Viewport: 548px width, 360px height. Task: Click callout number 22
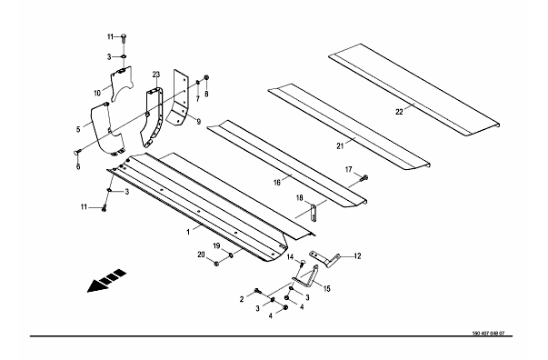pyautogui.click(x=399, y=112)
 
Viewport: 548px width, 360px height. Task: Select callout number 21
pyautogui.click(x=340, y=146)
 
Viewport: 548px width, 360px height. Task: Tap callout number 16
pyautogui.click(x=277, y=183)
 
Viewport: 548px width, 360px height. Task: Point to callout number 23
pyautogui.click(x=156, y=75)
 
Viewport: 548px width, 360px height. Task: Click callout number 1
pyautogui.click(x=188, y=232)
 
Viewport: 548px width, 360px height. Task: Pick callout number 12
pyautogui.click(x=357, y=256)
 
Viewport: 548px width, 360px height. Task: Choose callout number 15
pyautogui.click(x=326, y=289)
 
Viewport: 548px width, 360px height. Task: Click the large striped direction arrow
pyautogui.click(x=106, y=281)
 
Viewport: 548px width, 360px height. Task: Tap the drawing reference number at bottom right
pyautogui.click(x=488, y=333)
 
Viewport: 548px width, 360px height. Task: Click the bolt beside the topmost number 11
pyautogui.click(x=125, y=38)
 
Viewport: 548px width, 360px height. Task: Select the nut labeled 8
pyautogui.click(x=206, y=77)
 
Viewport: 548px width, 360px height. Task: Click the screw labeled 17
pyautogui.click(x=364, y=178)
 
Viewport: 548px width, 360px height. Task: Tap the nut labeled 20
pyautogui.click(x=216, y=264)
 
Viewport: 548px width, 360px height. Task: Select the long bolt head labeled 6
pyautogui.click(x=77, y=152)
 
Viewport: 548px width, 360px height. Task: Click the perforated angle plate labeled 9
pyautogui.click(x=177, y=97)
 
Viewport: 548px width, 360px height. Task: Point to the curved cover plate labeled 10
pyautogui.click(x=121, y=84)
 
